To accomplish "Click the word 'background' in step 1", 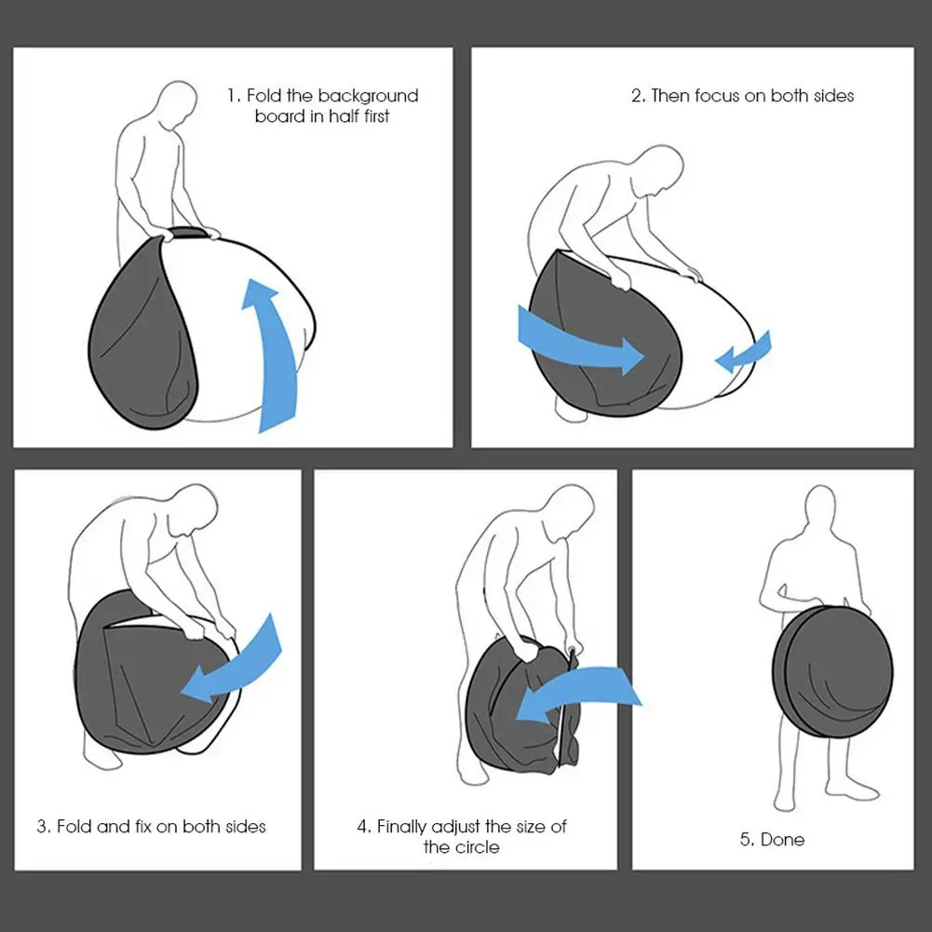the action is coord(368,96).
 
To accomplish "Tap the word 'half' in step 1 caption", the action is coord(344,115).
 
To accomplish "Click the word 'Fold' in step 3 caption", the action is coord(74,826).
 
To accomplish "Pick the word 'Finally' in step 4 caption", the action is coord(401,827).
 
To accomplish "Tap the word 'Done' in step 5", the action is coord(782,839).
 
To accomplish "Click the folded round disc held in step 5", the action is coord(832,671).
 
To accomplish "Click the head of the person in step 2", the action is coord(660,170).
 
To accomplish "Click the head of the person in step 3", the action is coord(193,509).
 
